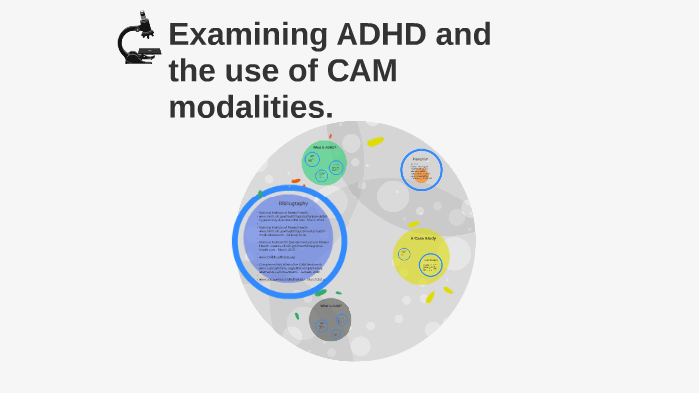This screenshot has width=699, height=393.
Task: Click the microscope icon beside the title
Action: tap(138, 39)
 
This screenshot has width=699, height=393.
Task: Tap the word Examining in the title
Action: tap(248, 34)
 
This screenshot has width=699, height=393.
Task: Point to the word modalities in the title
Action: tap(250, 106)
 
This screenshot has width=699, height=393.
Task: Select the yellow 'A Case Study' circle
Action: tap(421, 257)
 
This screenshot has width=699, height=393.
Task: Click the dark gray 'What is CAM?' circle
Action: tap(330, 319)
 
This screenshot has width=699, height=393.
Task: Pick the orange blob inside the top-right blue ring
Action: tap(421, 176)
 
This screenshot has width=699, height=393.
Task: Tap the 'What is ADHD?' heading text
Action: tap(323, 147)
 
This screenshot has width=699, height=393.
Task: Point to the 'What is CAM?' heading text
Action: tap(330, 305)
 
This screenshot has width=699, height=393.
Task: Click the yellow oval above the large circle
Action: tap(375, 141)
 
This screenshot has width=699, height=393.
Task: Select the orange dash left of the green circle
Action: tap(296, 180)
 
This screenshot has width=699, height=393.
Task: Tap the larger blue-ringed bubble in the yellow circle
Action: tap(431, 265)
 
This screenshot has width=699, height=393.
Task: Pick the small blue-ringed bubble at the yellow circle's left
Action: tap(404, 254)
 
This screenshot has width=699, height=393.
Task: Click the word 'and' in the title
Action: tap(464, 34)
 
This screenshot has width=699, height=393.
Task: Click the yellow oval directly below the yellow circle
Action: tap(430, 296)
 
